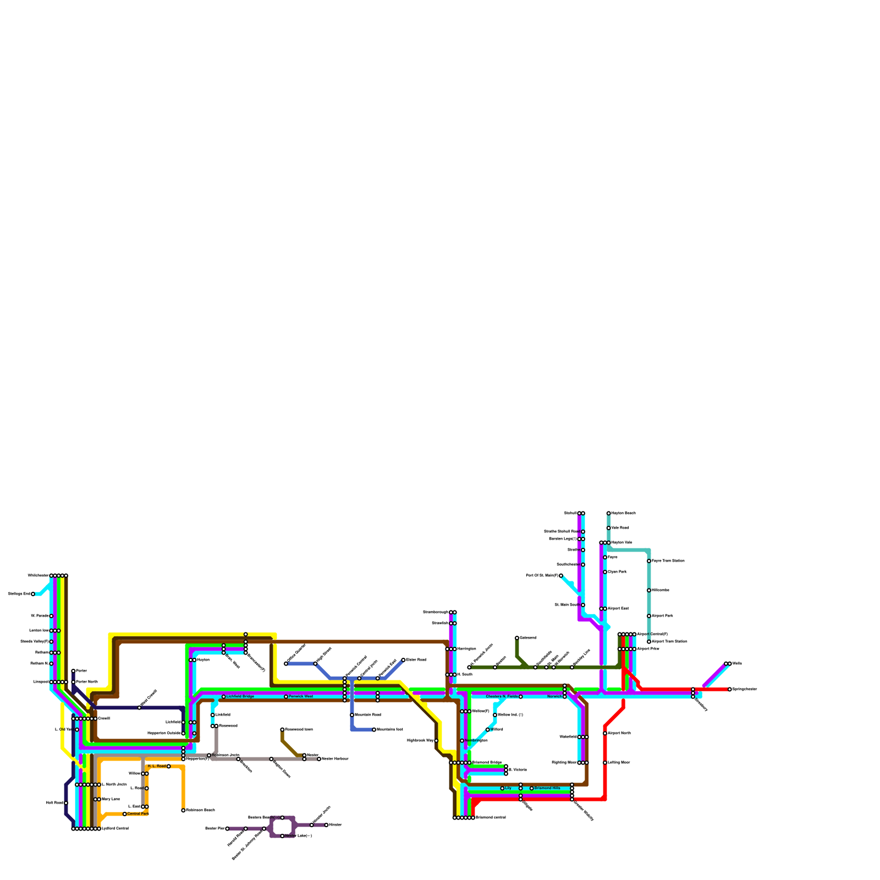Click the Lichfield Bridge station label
(x=240, y=697)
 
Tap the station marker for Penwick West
(x=286, y=697)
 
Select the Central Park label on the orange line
(x=137, y=813)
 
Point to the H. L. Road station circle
(x=168, y=766)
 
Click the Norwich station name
(x=554, y=697)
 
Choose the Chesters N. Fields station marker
(x=520, y=697)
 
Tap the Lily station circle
(x=502, y=788)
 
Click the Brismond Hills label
(x=547, y=788)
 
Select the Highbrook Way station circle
(x=436, y=741)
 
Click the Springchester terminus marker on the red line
(x=730, y=689)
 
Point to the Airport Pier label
(x=648, y=649)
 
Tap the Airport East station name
(x=618, y=609)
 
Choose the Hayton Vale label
(x=621, y=543)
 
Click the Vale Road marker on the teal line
(x=608, y=528)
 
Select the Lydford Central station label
(x=115, y=829)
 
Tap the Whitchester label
(x=38, y=576)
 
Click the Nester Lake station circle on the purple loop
(x=282, y=836)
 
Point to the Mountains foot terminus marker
(x=374, y=730)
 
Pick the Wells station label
(x=738, y=664)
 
